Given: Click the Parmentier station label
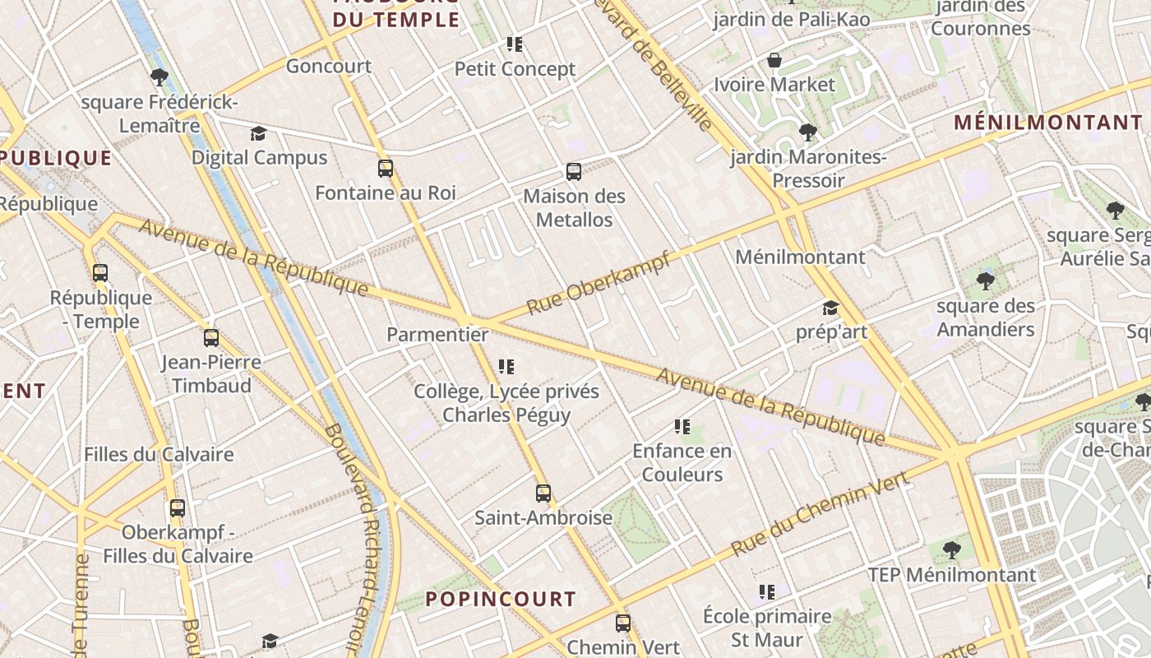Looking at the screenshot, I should pyautogui.click(x=437, y=335).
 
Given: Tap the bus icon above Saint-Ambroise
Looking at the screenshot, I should pyautogui.click(x=543, y=493).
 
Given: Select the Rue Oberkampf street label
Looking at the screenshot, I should pyautogui.click(x=599, y=284).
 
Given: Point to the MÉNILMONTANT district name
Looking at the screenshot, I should pyautogui.click(x=1048, y=123).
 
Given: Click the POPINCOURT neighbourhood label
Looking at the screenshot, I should pyautogui.click(x=500, y=599).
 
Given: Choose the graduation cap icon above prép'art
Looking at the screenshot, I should pyautogui.click(x=830, y=308).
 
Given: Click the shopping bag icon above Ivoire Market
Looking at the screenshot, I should pyautogui.click(x=774, y=60).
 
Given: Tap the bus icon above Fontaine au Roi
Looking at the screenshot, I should pyautogui.click(x=386, y=169).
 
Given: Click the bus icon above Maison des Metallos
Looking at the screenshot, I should pyautogui.click(x=574, y=172).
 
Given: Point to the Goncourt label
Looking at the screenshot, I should pyautogui.click(x=329, y=66).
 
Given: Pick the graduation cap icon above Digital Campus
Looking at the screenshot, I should pyautogui.click(x=259, y=133).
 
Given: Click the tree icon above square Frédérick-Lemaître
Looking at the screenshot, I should pyautogui.click(x=159, y=78).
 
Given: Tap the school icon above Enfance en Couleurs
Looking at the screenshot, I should pyautogui.click(x=682, y=426).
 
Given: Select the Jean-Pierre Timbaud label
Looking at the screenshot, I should pyautogui.click(x=211, y=373).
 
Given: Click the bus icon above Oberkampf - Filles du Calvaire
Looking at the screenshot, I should pyautogui.click(x=178, y=508).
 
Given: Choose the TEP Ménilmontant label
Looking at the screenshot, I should pyautogui.click(x=952, y=574).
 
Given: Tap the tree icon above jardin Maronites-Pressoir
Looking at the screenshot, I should pyautogui.click(x=808, y=132).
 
